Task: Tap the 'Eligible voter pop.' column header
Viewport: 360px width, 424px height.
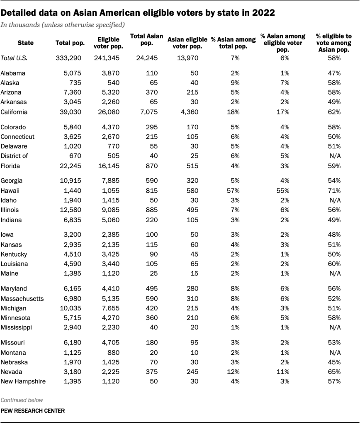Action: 109,43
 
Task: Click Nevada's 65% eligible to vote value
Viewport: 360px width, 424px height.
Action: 334,371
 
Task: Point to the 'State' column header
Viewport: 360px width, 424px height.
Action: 26,43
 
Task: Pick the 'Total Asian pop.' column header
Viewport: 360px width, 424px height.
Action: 146,39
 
